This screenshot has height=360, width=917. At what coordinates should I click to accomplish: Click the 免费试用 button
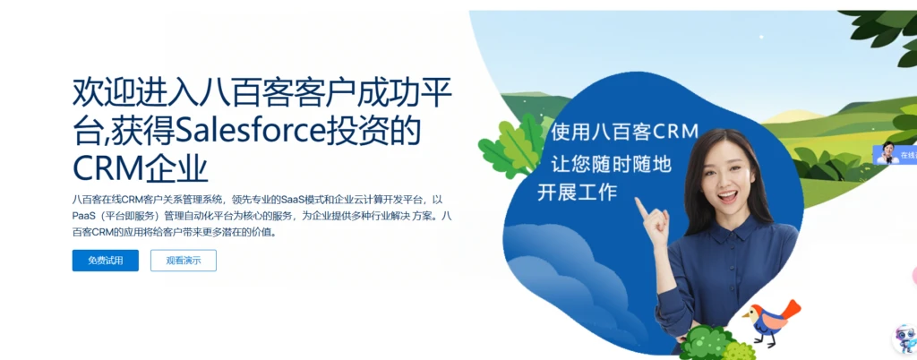pyautogui.click(x=106, y=261)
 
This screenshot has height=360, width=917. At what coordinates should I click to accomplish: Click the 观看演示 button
pyautogui.click(x=183, y=261)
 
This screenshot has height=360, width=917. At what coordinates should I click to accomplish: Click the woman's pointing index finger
pyautogui.click(x=641, y=207)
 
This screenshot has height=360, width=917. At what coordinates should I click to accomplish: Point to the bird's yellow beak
pyautogui.click(x=745, y=315)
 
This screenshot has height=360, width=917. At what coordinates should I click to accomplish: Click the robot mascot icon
pyautogui.click(x=904, y=339)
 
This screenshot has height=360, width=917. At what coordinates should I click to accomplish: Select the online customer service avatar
pyautogui.click(x=887, y=153)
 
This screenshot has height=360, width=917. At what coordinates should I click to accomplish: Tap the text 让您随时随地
pyautogui.click(x=611, y=162)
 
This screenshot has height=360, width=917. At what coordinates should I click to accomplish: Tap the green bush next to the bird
pyautogui.click(x=708, y=341)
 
